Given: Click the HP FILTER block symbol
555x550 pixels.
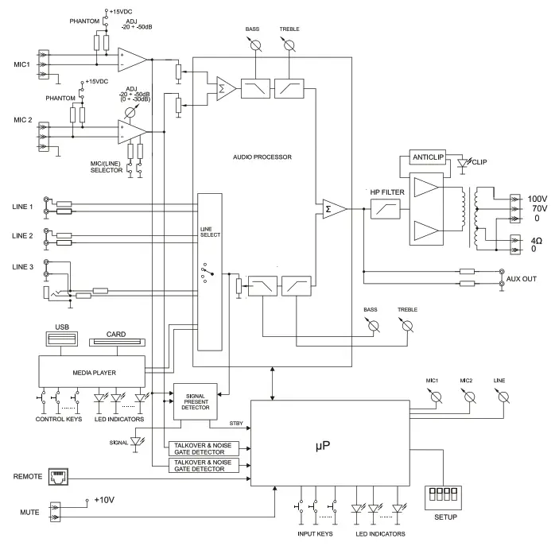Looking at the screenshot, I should pyautogui.click(x=386, y=209).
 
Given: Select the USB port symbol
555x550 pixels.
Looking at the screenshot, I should pyautogui.click(x=62, y=340).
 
